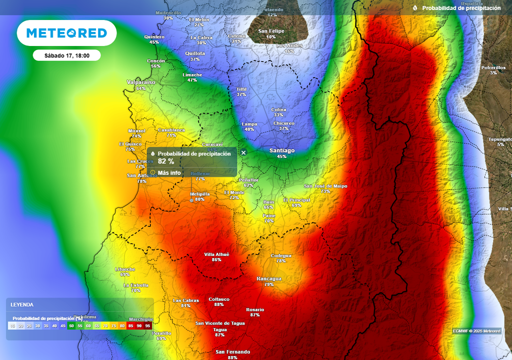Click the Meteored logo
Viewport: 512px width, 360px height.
click(66, 33)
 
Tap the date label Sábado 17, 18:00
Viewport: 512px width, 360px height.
click(66, 55)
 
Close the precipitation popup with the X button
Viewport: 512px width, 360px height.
click(243, 152)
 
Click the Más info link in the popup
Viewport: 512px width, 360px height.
click(169, 172)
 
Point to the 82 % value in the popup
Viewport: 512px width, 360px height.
click(166, 161)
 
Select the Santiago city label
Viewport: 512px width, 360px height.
click(282, 150)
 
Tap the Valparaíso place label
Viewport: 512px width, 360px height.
click(141, 82)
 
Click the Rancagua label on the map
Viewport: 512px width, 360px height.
click(269, 278)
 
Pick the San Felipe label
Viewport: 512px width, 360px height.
click(271, 31)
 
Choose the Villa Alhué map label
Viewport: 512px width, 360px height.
click(216, 254)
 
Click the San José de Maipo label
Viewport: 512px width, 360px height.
click(325, 186)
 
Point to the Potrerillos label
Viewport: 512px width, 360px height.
click(493, 67)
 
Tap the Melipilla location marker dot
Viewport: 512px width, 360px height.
click(191, 200)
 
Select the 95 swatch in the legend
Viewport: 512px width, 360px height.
click(147, 325)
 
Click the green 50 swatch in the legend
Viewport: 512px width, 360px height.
click(71, 325)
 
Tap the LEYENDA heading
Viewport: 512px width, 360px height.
click(22, 304)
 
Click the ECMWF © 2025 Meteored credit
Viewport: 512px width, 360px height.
click(476, 331)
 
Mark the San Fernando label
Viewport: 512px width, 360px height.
click(232, 352)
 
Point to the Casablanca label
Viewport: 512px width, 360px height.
click(171, 130)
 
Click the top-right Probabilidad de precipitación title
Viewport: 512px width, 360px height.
click(461, 8)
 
